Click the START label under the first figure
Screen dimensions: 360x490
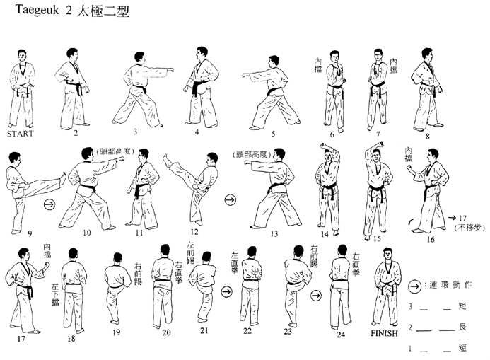pyautogui.click(x=20, y=132)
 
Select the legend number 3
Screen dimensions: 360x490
pyautogui.click(x=409, y=306)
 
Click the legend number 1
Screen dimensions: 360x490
pyautogui.click(x=409, y=349)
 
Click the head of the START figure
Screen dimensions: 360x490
pyautogui.click(x=21, y=57)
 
